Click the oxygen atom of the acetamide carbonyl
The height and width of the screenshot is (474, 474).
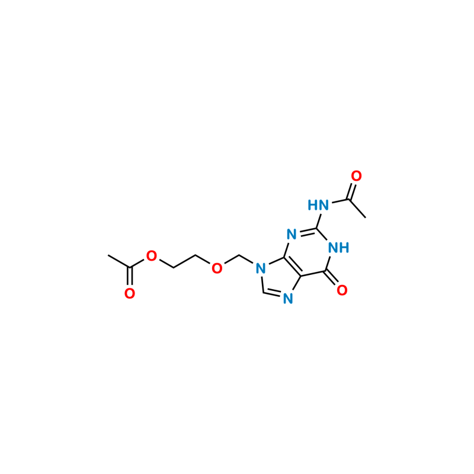pos(356,176)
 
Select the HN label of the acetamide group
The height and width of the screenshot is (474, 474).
pos(318,205)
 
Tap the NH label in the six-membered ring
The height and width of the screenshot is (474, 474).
pos(338,248)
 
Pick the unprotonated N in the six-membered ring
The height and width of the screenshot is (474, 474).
pos(292,235)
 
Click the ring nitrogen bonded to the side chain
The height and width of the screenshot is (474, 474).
pos(261,268)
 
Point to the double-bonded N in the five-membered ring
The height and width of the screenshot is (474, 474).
pos(288,299)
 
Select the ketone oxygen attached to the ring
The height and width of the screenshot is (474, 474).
pos(342,290)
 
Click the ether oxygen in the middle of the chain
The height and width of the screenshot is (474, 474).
pos(217,268)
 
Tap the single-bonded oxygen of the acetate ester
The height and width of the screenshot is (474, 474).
pos(152,256)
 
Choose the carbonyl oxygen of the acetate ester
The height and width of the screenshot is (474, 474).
pos(130,293)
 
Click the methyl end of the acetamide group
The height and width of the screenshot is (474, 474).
pos(366,217)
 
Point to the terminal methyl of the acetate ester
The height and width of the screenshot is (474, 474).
pos(108,255)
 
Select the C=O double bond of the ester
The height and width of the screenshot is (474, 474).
pos(130,276)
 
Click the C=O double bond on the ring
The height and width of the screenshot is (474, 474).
pos(332,278)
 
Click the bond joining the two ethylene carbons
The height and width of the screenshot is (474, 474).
pos(184,261)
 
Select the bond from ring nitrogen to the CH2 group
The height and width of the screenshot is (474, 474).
pos(246,259)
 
